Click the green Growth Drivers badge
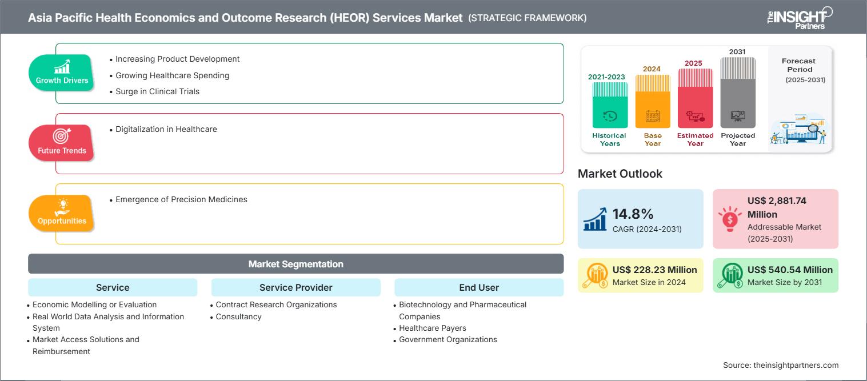pyautogui.click(x=61, y=73)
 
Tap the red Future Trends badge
pyautogui.click(x=61, y=143)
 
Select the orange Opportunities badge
pyautogui.click(x=61, y=214)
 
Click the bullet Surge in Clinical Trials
pyautogui.click(x=157, y=91)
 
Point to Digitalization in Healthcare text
pyautogui.click(x=166, y=129)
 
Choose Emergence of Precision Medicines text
pyautogui.click(x=181, y=199)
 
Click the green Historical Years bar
pyautogui.click(x=610, y=105)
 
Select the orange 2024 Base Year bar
pyautogui.click(x=653, y=101)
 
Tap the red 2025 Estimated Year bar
pyautogui.click(x=695, y=98)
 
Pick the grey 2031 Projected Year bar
pyautogui.click(x=738, y=93)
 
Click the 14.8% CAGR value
pyautogui.click(x=633, y=214)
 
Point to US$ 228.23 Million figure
pyautogui.click(x=654, y=270)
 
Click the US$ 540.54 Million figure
pyautogui.click(x=790, y=270)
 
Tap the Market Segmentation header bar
pyautogui.click(x=295, y=264)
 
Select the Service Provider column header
pyautogui.click(x=295, y=287)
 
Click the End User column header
pyautogui.click(x=479, y=287)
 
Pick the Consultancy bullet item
pyautogui.click(x=238, y=316)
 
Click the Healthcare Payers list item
pyautogui.click(x=432, y=328)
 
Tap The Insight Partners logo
pyautogui.click(x=800, y=18)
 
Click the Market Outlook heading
pyautogui.click(x=620, y=174)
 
